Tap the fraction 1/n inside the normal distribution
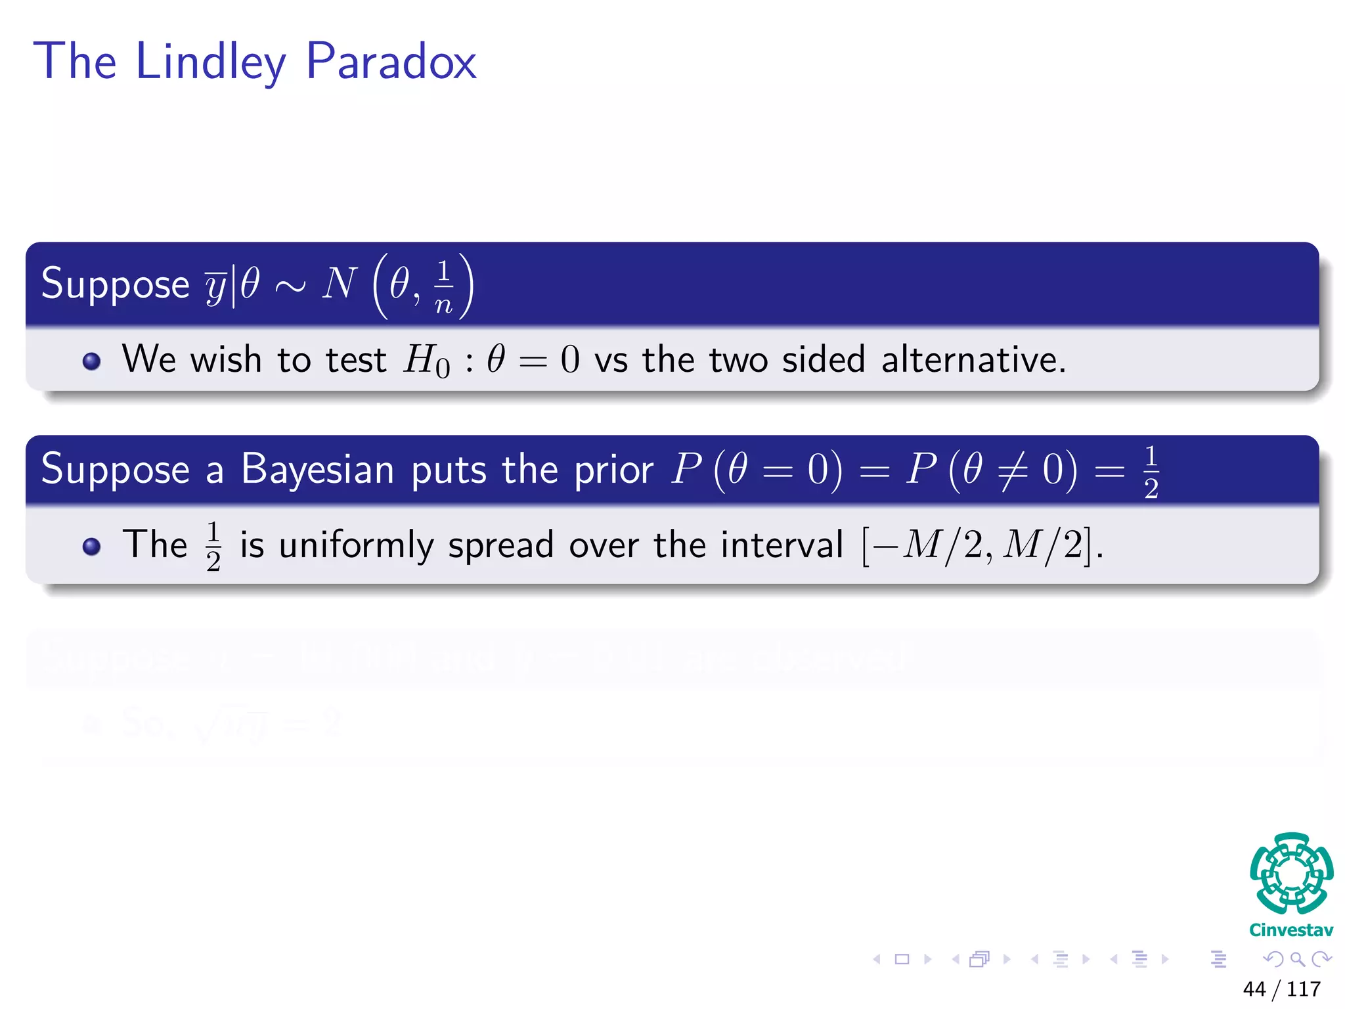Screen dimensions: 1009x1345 pos(444,287)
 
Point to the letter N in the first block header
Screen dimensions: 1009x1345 pos(339,284)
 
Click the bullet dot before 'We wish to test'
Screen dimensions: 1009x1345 pos(92,361)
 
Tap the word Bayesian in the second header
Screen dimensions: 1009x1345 pos(317,470)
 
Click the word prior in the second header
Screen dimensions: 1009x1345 pos(613,470)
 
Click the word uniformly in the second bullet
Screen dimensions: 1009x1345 pos(356,545)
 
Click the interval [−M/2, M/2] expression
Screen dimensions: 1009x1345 pos(981,545)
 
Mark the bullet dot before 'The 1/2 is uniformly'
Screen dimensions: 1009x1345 pos(92,547)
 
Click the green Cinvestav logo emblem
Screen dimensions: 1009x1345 pos(1291,873)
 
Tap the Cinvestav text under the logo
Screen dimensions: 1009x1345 pos(1291,930)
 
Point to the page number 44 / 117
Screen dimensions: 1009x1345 pos(1281,989)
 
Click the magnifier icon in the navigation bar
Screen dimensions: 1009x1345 pos(1297,959)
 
